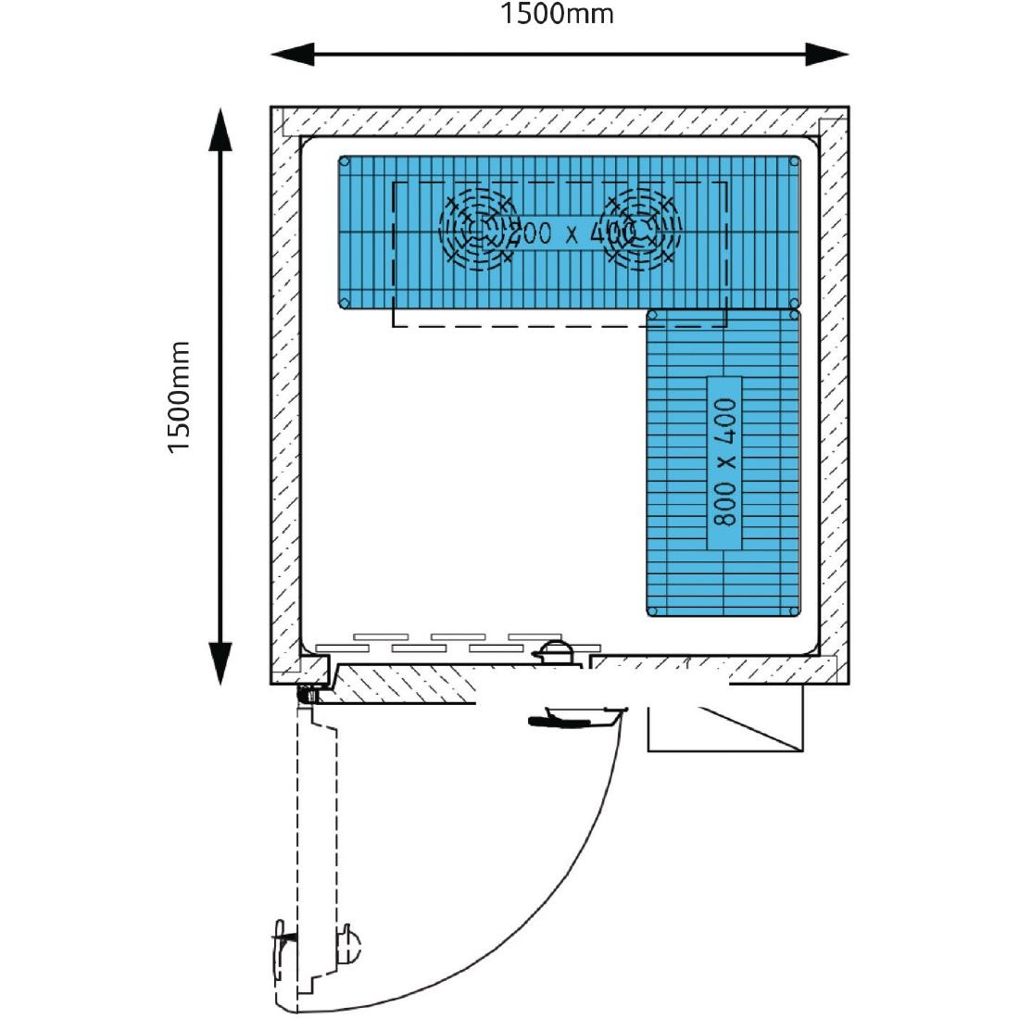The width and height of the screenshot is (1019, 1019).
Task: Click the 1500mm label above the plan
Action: pos(557,14)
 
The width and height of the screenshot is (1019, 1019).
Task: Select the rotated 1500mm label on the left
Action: pos(179,397)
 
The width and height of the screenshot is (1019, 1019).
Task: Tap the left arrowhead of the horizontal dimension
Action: pos(288,55)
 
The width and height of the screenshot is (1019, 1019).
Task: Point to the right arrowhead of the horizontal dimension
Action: pos(830,55)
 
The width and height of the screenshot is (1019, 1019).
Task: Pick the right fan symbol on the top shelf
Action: pos(638,230)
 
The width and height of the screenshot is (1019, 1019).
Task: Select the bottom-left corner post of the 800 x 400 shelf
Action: pos(653,610)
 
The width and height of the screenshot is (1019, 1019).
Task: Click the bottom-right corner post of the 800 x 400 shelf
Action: pos(793,610)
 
